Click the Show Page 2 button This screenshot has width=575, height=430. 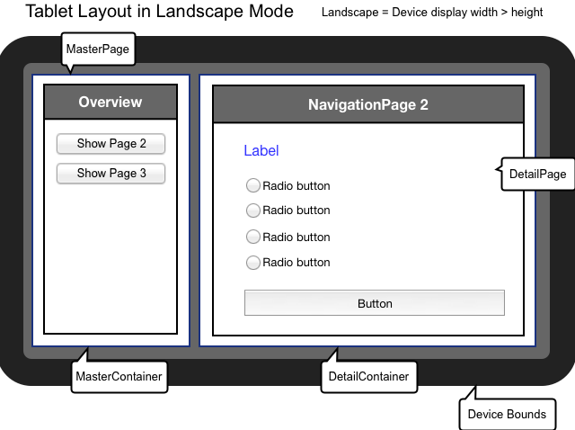pyautogui.click(x=111, y=144)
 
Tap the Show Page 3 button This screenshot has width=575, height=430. pyautogui.click(x=111, y=173)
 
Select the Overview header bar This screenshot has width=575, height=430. pyautogui.click(x=111, y=103)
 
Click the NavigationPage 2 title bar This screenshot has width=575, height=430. pyautogui.click(x=367, y=104)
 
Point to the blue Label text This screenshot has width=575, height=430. pyautogui.click(x=261, y=151)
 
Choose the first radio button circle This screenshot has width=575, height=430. pyautogui.click(x=252, y=185)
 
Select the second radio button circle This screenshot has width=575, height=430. pyautogui.click(x=252, y=211)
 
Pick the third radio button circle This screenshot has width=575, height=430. pyautogui.click(x=252, y=237)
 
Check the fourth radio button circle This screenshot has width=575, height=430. pyautogui.click(x=252, y=263)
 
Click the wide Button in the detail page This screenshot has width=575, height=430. pyautogui.click(x=374, y=303)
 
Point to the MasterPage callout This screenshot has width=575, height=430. pyautogui.click(x=98, y=49)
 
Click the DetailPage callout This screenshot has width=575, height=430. pyautogui.click(x=537, y=174)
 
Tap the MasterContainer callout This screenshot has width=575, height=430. pyautogui.click(x=119, y=377)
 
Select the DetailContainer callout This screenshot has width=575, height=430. pyautogui.click(x=368, y=377)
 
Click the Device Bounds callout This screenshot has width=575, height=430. pyautogui.click(x=507, y=415)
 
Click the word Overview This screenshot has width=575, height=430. pyautogui.click(x=111, y=103)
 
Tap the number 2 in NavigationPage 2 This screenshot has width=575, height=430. pyautogui.click(x=423, y=105)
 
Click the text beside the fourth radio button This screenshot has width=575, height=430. pyautogui.click(x=296, y=263)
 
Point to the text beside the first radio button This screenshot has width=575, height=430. pyautogui.click(x=296, y=186)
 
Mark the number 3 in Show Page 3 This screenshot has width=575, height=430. pyautogui.click(x=142, y=173)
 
